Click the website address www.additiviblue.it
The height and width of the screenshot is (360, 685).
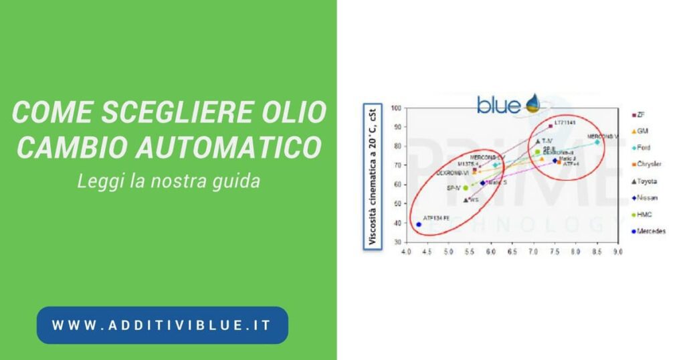click(x=162, y=325)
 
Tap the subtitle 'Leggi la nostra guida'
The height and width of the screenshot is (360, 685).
click(x=168, y=181)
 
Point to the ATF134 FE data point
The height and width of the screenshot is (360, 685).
click(x=419, y=225)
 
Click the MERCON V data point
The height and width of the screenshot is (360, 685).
click(x=597, y=142)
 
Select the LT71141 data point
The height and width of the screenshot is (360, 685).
click(x=550, y=126)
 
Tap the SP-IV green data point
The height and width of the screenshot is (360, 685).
click(x=466, y=188)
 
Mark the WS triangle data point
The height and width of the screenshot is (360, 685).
click(x=466, y=200)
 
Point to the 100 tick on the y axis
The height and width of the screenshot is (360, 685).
click(x=395, y=108)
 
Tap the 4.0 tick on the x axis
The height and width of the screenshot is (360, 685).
click(x=405, y=253)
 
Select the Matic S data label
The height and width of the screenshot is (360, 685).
click(x=496, y=182)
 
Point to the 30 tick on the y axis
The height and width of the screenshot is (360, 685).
click(x=396, y=242)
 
